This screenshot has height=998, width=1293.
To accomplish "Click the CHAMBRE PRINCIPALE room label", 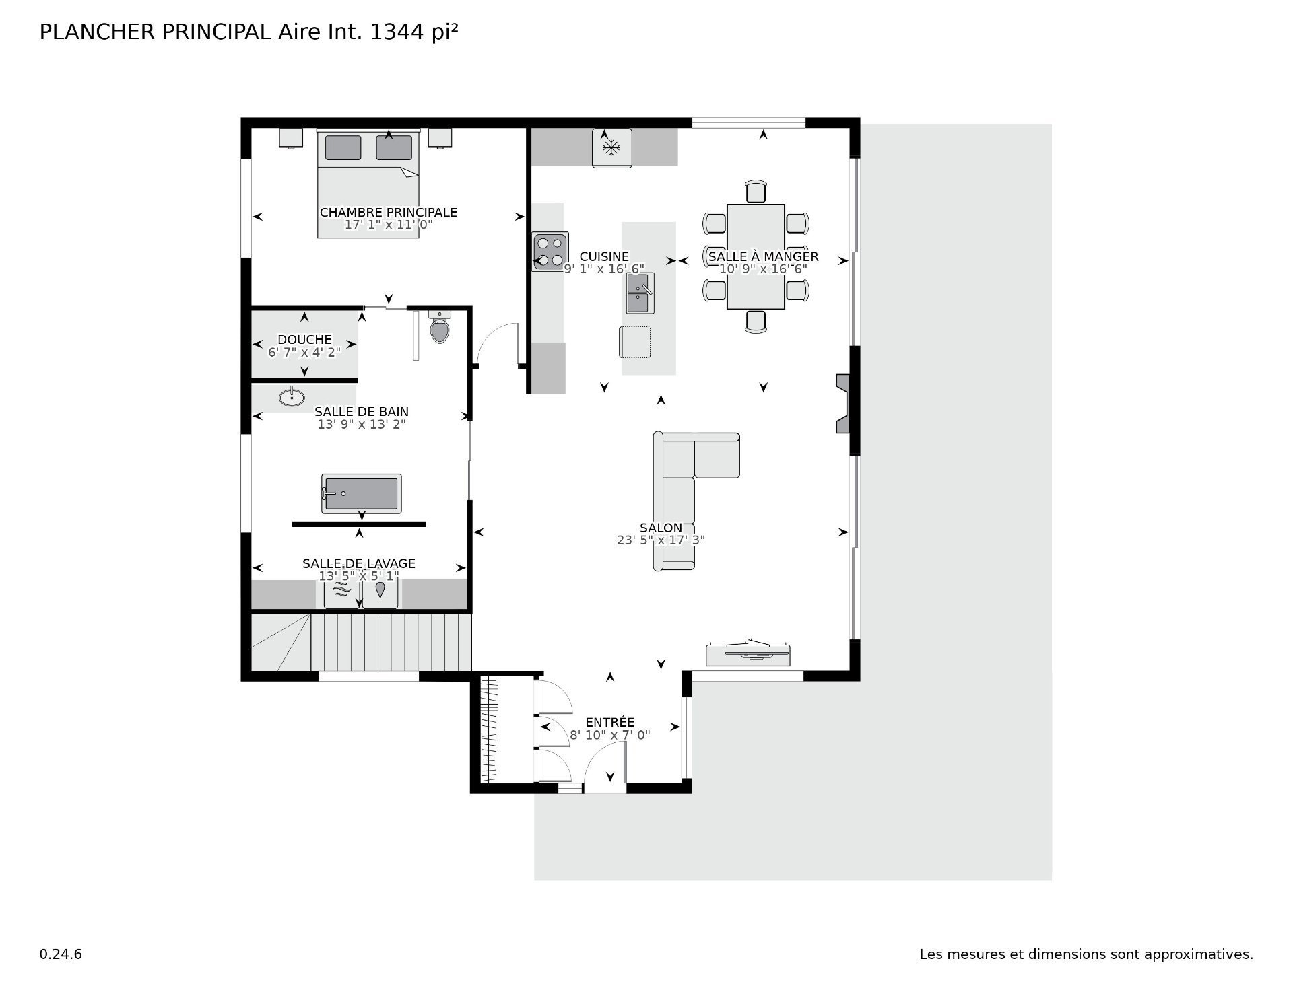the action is coord(389,212).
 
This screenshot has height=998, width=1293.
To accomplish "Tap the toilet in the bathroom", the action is coord(440,326).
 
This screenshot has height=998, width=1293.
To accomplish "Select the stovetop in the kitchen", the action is coord(550,252).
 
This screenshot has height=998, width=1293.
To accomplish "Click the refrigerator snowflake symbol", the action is coord(611,147).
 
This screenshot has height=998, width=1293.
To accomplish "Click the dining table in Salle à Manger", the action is coord(756,256).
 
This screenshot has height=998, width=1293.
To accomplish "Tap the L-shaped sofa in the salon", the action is coord(687,491).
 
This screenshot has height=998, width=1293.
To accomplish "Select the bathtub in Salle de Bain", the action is coord(362,494).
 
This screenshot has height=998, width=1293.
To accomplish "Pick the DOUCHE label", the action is coord(304,339).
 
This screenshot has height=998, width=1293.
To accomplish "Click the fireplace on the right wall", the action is coord(843,403).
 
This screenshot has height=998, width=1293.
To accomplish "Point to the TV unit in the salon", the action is coord(748,653).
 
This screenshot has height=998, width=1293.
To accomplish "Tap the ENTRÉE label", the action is coord(610,723).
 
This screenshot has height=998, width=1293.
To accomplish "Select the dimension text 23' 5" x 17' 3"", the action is coord(661,540).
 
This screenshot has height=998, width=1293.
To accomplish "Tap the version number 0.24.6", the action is coord(61,954).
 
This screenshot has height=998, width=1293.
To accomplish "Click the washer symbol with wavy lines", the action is coord(341,591).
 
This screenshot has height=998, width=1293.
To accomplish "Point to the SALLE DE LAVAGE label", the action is coord(358,563).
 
